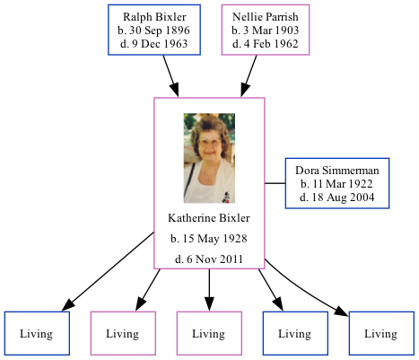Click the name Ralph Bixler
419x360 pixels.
[x=150, y=17]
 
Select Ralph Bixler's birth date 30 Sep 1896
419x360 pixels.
[x=150, y=30]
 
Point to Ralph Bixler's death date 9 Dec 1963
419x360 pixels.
[x=150, y=42]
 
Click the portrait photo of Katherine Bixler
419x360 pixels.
[x=209, y=158]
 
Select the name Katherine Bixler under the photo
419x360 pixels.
[x=209, y=218]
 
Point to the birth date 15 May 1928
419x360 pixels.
[x=209, y=239]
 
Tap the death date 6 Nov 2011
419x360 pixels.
[x=209, y=259]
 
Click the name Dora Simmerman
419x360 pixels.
[x=337, y=171]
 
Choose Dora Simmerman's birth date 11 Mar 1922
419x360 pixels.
[x=337, y=183]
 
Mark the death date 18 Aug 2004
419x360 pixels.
[x=337, y=196]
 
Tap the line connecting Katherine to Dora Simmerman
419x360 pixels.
[x=275, y=183]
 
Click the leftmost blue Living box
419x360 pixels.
[x=36, y=333]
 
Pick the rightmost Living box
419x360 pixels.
[x=380, y=333]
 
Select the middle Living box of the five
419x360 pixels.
[x=209, y=333]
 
